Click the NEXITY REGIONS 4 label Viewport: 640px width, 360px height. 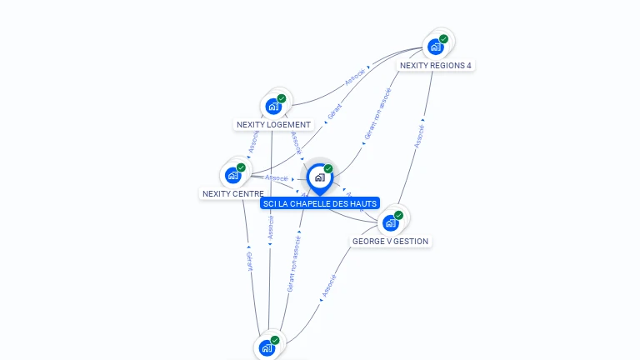click(x=436, y=65)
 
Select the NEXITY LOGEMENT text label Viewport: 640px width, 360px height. click(x=273, y=125)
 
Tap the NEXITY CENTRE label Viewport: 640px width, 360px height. click(x=232, y=194)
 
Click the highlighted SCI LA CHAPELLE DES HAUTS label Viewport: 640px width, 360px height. click(x=319, y=203)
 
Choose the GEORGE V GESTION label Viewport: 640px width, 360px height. click(x=390, y=242)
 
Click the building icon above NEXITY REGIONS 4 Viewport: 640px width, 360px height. click(x=435, y=47)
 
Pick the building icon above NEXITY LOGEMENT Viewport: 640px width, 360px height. click(x=272, y=106)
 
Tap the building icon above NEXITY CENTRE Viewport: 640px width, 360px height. click(x=232, y=175)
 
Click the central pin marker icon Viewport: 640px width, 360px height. click(x=319, y=177)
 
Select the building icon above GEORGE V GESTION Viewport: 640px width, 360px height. click(x=390, y=222)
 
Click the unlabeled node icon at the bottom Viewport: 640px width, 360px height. click(x=267, y=347)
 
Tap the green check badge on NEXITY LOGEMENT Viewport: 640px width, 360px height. click(x=282, y=98)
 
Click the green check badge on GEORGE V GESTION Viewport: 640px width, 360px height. click(x=398, y=215)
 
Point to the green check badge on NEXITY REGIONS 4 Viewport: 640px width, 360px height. click(x=443, y=38)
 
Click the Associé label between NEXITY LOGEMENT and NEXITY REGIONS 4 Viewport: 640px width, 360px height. click(x=355, y=77)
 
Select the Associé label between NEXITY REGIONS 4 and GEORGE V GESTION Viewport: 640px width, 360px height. click(x=420, y=137)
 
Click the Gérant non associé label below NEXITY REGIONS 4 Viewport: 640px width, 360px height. click(x=377, y=113)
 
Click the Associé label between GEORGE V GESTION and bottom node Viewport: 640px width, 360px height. click(x=328, y=286)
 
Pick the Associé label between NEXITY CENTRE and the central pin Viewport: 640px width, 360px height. click(x=277, y=178)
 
